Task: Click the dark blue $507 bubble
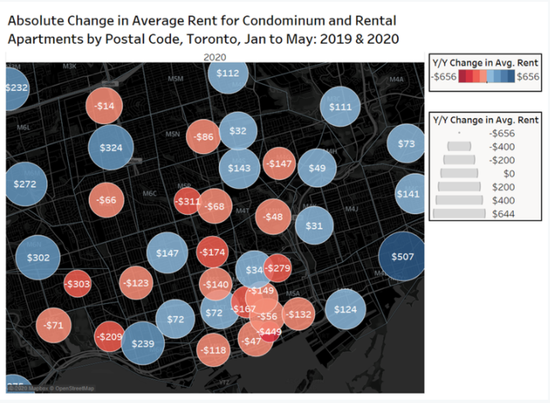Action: (x=402, y=257)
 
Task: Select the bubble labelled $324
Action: (x=111, y=148)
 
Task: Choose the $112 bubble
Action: (x=227, y=73)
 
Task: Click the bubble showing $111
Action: (x=340, y=106)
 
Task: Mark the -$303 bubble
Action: (x=77, y=284)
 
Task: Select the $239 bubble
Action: (x=143, y=344)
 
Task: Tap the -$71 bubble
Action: (x=54, y=325)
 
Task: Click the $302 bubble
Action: (x=38, y=258)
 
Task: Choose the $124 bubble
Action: (x=345, y=309)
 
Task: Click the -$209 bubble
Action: (x=109, y=337)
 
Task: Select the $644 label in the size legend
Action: (x=503, y=214)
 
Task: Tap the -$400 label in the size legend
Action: (x=502, y=147)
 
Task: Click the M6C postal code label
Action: (x=149, y=193)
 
